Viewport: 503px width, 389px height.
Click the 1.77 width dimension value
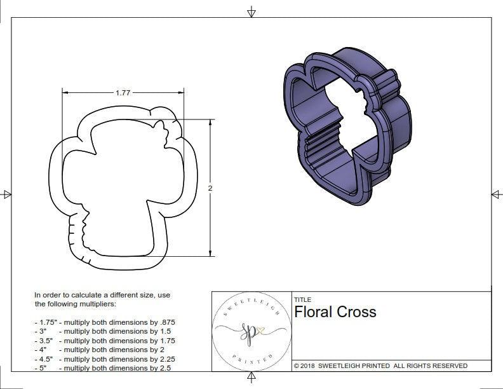click(x=123, y=92)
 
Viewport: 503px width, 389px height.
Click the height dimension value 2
click(x=210, y=188)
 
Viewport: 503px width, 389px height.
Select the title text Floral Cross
click(x=335, y=312)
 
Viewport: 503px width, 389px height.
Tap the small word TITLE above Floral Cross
click(x=302, y=300)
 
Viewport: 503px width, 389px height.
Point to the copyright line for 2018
click(x=380, y=365)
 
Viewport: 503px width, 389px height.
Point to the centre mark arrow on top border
click(x=251, y=11)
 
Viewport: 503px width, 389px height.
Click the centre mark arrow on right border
click(x=496, y=194)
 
